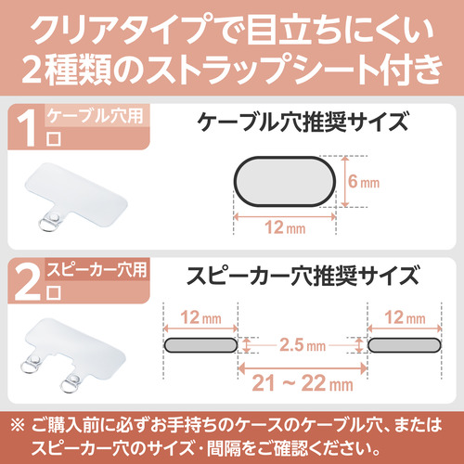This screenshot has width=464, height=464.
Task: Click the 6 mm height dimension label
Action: click(x=364, y=182)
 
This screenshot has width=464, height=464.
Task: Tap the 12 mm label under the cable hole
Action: click(x=285, y=227)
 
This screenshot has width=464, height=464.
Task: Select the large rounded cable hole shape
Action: click(x=285, y=182)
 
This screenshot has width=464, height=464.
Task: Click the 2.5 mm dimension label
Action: click(x=303, y=345)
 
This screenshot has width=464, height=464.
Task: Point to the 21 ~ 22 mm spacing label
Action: click(x=303, y=383)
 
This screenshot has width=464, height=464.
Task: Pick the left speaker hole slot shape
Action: click(x=200, y=345)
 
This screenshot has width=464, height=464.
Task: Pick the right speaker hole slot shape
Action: click(x=405, y=345)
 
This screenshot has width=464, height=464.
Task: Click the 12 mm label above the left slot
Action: click(x=200, y=317)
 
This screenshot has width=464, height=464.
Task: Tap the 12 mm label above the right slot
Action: click(x=405, y=317)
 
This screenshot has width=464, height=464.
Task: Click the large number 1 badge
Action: click(x=27, y=128)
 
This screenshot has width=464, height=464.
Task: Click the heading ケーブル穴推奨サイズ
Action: click(x=303, y=122)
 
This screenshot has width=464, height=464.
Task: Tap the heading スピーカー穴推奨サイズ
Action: click(x=303, y=276)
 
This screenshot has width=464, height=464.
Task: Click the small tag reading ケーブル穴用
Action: click(x=95, y=115)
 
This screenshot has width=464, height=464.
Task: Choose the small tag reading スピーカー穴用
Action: click(x=97, y=269)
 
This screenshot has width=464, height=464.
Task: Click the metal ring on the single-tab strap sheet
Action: click(x=46, y=225)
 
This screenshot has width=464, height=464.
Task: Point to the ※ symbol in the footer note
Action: click(x=18, y=425)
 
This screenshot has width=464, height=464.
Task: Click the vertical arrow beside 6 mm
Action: click(x=344, y=182)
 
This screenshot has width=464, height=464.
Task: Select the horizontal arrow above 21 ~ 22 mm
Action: click(x=303, y=368)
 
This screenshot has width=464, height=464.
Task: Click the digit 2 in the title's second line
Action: click(x=32, y=70)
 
